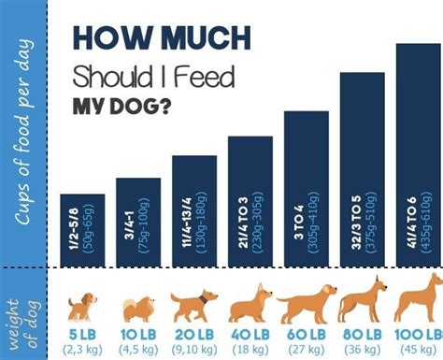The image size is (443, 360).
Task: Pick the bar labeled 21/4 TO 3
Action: [x=250, y=202]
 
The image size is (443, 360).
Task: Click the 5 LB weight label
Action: [x=82, y=334]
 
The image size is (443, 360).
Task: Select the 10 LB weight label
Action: [x=138, y=334]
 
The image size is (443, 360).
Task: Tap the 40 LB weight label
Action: [x=250, y=334]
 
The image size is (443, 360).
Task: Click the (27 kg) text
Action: [x=307, y=349]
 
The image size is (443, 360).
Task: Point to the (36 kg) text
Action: [x=363, y=349]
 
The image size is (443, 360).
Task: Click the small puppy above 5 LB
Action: [x=82, y=307]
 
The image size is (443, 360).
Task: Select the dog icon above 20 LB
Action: [x=194, y=305]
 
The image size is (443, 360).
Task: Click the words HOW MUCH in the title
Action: [x=161, y=40]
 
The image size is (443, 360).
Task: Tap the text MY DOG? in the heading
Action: [x=121, y=105]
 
